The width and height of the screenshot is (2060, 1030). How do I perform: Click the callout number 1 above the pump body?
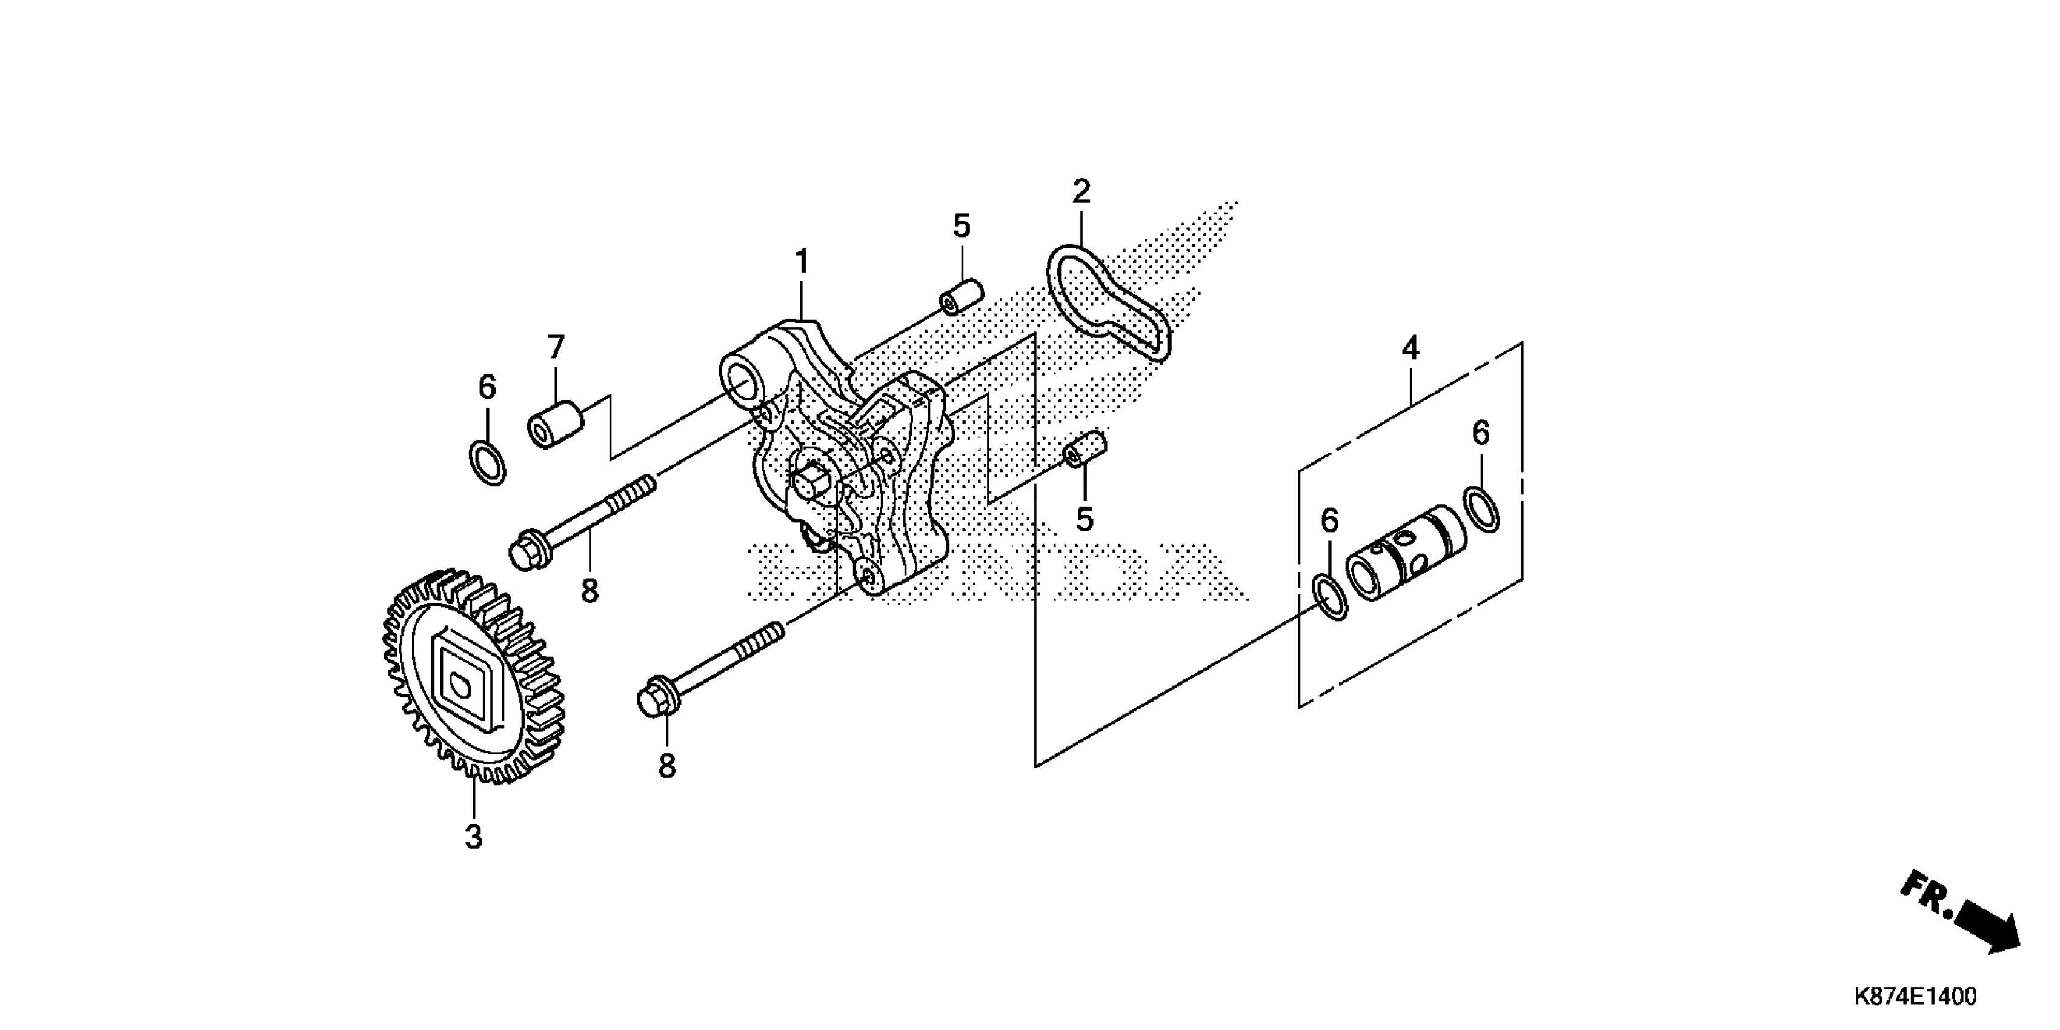[x=802, y=262]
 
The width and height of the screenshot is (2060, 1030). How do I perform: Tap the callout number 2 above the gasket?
[x=1080, y=192]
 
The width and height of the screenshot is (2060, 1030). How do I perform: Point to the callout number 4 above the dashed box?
[x=1410, y=348]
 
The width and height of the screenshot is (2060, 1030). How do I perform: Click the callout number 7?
[x=556, y=348]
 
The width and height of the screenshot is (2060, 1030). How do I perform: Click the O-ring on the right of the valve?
[x=1482, y=508]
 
